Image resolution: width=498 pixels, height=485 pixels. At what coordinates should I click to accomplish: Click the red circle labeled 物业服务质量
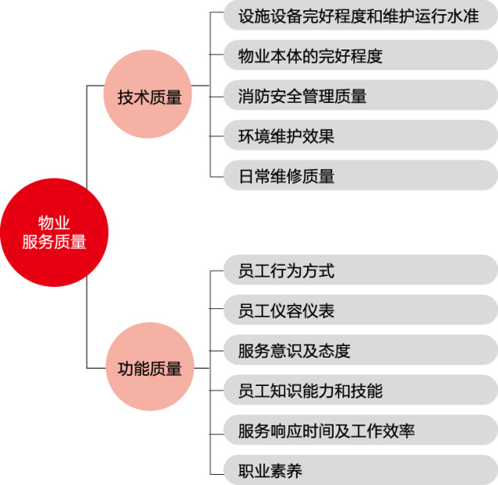[54, 233]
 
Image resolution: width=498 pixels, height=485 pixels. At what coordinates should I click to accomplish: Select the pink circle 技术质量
[148, 94]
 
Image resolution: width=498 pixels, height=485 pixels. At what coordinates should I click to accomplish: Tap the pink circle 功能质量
[149, 366]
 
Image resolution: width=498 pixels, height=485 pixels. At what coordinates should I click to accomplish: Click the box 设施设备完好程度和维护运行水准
[361, 15]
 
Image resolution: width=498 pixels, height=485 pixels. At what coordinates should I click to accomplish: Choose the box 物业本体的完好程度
[361, 55]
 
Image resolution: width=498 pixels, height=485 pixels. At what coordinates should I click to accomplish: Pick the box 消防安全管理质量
[361, 95]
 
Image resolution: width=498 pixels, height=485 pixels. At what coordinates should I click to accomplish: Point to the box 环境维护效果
[361, 135]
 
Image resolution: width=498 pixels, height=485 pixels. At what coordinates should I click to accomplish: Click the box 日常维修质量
[361, 175]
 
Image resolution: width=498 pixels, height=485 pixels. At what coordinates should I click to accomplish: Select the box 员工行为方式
[361, 270]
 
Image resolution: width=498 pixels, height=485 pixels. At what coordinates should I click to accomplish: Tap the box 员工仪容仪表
[361, 310]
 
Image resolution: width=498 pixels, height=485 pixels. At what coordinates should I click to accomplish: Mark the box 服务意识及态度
[361, 350]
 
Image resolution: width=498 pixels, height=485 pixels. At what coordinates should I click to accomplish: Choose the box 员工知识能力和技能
[361, 390]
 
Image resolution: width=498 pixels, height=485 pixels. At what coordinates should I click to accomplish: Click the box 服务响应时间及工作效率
[361, 430]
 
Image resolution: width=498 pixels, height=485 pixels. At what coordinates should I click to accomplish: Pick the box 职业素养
[361, 470]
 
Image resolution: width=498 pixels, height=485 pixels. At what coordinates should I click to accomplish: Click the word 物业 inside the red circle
[54, 222]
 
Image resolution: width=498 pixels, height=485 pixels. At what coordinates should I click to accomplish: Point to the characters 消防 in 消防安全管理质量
[254, 96]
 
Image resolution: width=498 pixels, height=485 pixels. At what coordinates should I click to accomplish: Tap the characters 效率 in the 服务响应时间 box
[398, 431]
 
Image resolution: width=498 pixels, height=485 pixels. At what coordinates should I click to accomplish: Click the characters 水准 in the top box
[463, 17]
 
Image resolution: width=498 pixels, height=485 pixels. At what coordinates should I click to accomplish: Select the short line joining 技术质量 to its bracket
[201, 86]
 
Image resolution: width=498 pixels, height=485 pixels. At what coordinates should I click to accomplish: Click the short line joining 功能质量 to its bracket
[202, 368]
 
